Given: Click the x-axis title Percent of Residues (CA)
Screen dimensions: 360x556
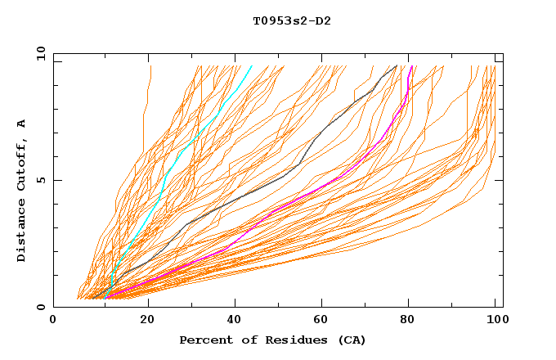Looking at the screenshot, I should click(272, 340).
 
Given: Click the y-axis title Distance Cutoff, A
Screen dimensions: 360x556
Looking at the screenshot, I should click(21, 191).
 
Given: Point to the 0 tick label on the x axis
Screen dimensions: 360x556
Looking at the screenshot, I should click(53, 322).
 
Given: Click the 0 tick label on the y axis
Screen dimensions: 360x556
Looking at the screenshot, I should click(40, 307).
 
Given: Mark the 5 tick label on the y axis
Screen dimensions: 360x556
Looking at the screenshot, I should click(40, 180).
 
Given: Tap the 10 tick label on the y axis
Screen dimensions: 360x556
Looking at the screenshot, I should click(38, 53).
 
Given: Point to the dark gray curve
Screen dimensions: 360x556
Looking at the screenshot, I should click(245, 196).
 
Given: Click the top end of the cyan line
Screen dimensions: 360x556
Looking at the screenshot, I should click(252, 65).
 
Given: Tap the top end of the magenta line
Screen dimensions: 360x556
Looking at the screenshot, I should click(411, 65).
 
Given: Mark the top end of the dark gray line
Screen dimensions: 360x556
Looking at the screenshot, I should click(397, 65).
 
